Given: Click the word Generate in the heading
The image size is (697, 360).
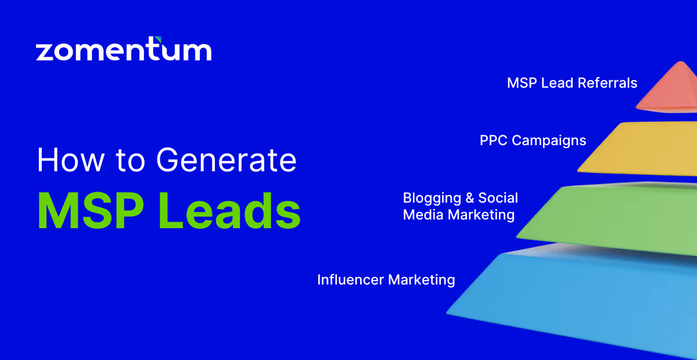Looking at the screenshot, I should [227, 160].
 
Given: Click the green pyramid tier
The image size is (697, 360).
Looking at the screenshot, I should [616, 218].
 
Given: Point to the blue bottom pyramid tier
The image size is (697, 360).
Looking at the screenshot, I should [581, 296].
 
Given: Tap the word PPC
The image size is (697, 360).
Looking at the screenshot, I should [493, 141].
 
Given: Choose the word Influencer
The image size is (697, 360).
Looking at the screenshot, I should [350, 280].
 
